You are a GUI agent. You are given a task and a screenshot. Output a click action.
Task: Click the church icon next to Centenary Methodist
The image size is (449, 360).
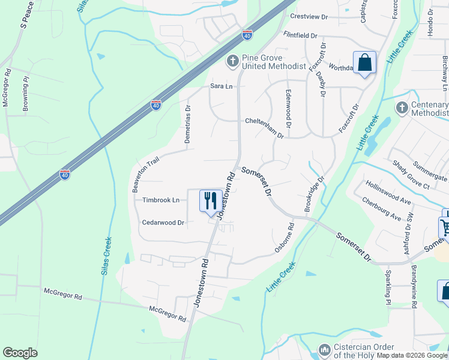pyautogui.click(x=402, y=107)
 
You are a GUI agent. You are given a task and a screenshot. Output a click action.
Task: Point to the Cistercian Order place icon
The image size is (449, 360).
pyautogui.click(x=324, y=349)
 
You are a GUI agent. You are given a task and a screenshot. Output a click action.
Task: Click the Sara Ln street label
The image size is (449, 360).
pyautogui.click(x=221, y=86)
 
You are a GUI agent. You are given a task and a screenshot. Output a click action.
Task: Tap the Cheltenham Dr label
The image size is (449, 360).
pyautogui.click(x=264, y=121)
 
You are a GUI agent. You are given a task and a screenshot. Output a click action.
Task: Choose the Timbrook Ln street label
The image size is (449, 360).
pyautogui.click(x=161, y=200)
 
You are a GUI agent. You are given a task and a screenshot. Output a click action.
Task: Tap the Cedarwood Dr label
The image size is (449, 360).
pyautogui.click(x=163, y=222)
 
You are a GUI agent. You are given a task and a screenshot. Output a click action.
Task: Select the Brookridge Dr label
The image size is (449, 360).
pyautogui.click(x=314, y=194)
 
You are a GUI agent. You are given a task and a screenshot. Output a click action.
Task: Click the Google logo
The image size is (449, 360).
pyautogui.click(x=20, y=352)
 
